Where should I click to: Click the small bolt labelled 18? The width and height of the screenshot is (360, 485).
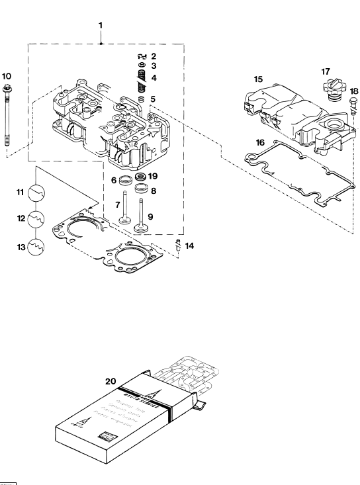353,107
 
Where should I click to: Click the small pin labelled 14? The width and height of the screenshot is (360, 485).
178,248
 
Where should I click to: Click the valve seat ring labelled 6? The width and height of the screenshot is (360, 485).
124,180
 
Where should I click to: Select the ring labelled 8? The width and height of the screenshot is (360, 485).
142,191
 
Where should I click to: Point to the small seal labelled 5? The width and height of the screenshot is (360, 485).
140,99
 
